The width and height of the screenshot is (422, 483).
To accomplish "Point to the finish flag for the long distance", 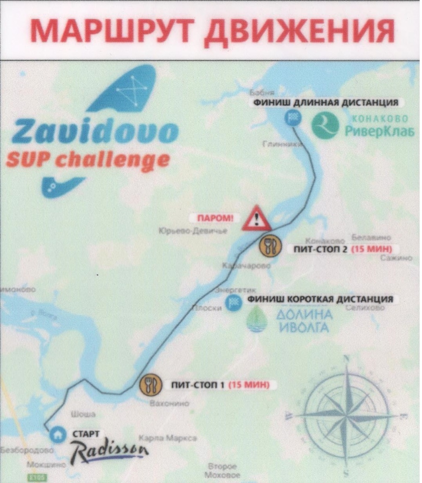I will click(291, 118).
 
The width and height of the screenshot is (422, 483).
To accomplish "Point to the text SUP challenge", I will click(87, 161).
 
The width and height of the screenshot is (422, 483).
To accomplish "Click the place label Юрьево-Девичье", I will click(193, 231).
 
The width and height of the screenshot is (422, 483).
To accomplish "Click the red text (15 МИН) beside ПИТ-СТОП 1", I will click(249, 385).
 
